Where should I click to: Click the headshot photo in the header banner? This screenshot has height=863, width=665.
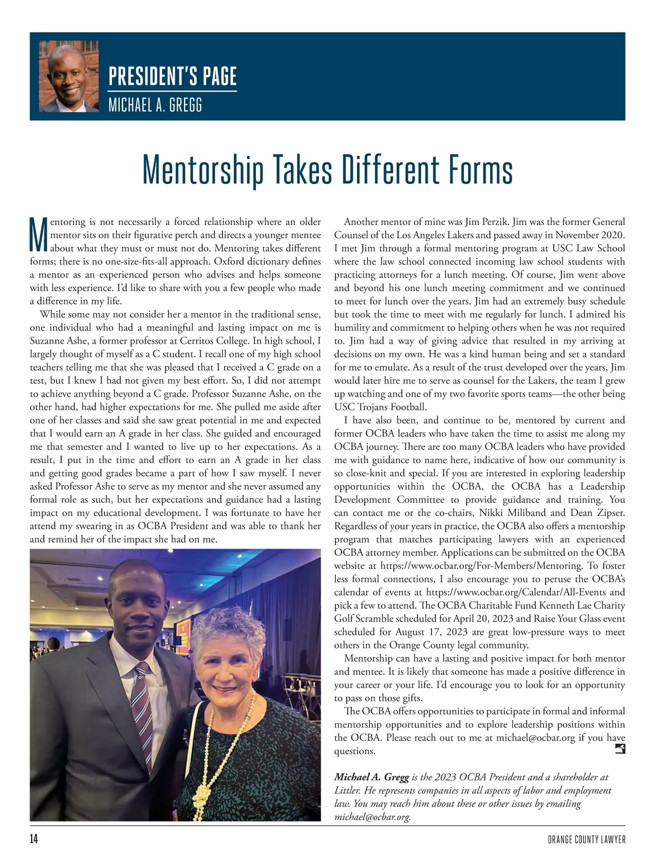69,76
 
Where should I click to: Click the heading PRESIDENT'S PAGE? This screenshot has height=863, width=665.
172,76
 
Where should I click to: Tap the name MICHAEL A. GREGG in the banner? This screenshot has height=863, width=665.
155,105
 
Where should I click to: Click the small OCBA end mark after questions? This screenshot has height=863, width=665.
620,750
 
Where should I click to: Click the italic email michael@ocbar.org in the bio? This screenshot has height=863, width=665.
372,817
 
